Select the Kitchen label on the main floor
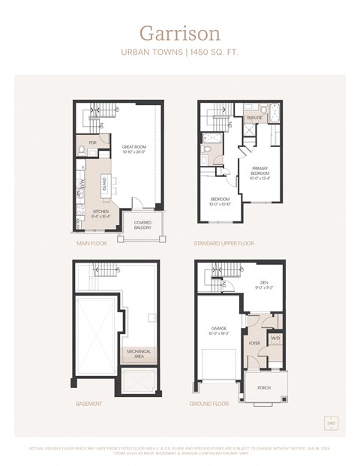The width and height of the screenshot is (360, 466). pyautogui.click(x=101, y=213)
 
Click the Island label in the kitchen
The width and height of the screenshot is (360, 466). pyautogui.click(x=106, y=185)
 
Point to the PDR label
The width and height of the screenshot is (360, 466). pyautogui.click(x=92, y=142)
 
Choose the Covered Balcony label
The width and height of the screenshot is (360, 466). pyautogui.click(x=144, y=225)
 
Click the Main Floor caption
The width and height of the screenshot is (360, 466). pyautogui.click(x=91, y=244)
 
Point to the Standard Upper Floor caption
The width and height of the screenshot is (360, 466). pyautogui.click(x=224, y=244)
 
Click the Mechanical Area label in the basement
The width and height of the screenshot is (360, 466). pyautogui.click(x=139, y=353)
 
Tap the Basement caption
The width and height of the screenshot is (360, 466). pyautogui.click(x=89, y=403)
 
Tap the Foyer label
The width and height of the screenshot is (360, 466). pyautogui.click(x=255, y=344)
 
